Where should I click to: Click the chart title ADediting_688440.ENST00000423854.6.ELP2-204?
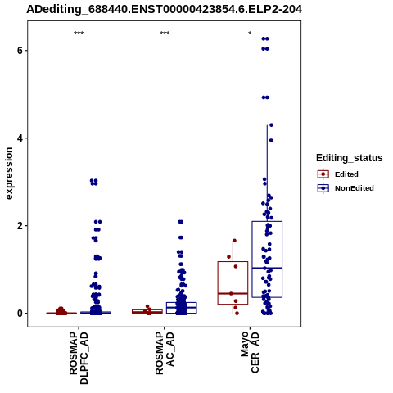point(165,10)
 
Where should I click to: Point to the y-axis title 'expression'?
point(9,174)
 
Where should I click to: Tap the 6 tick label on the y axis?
point(20,51)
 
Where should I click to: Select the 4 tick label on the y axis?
point(20,138)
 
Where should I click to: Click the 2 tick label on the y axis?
point(20,226)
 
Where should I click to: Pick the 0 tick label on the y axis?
point(20,314)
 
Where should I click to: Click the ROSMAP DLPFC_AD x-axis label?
point(79,358)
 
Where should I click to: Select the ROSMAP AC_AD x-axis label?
point(165,353)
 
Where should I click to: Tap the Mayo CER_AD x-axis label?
point(250,352)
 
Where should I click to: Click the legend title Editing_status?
point(350,158)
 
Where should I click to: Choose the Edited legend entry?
point(338,174)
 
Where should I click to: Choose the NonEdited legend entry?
point(346,188)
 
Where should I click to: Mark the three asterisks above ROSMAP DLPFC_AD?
point(79,34)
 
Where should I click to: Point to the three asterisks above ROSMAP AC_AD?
point(165,34)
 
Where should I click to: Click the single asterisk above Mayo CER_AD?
point(250,34)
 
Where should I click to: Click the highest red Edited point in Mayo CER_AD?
point(234,241)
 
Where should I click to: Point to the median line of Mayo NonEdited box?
point(267,269)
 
